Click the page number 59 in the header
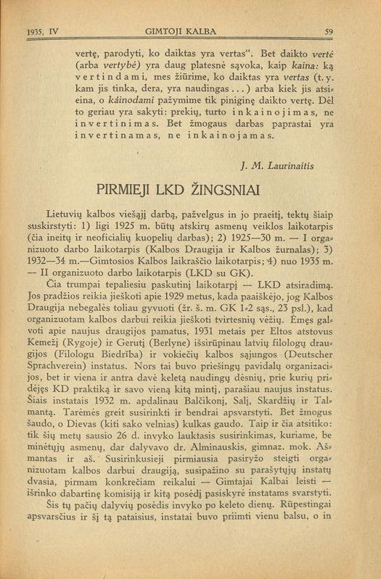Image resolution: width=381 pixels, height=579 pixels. click(328, 31)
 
